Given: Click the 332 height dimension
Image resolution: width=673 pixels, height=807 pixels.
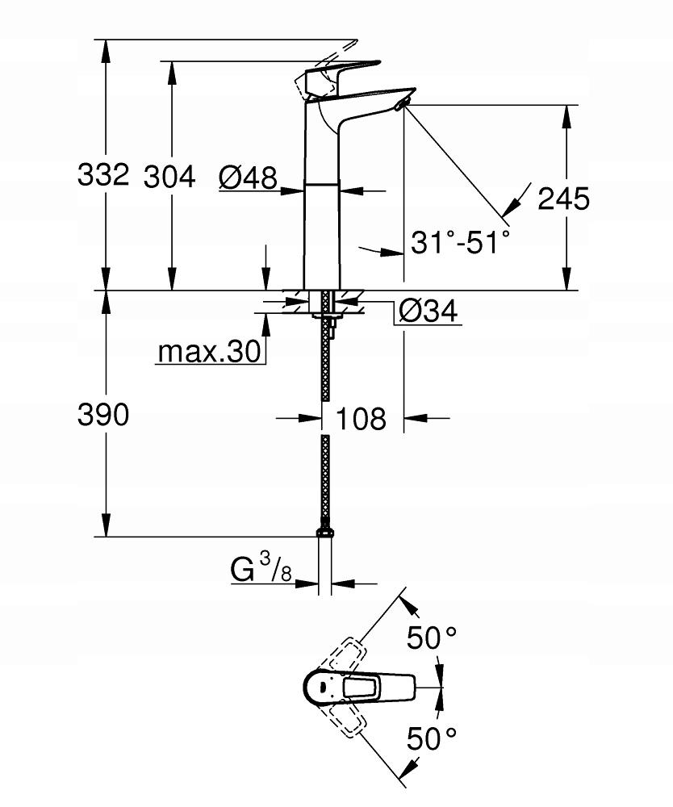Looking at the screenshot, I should coord(103,174).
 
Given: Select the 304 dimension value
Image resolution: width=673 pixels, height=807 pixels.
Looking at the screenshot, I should coord(169,176).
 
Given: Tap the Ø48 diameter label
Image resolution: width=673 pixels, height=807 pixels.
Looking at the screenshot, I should coord(248,176).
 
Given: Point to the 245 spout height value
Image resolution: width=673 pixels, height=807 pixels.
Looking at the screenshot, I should coord(563,198).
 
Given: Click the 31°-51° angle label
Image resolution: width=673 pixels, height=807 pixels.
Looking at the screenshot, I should coord(460,241).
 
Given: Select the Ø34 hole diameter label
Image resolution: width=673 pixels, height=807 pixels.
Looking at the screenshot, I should coord(428,310).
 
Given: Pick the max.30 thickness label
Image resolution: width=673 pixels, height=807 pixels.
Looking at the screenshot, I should coord(208,351).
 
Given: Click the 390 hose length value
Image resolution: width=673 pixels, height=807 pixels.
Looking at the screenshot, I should coord(103,416).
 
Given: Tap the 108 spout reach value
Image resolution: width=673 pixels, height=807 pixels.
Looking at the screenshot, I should coord(361,418).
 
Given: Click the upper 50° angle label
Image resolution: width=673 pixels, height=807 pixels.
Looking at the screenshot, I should coord(432,638).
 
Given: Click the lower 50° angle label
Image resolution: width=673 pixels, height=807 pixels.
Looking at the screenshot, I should coord(432,736).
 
